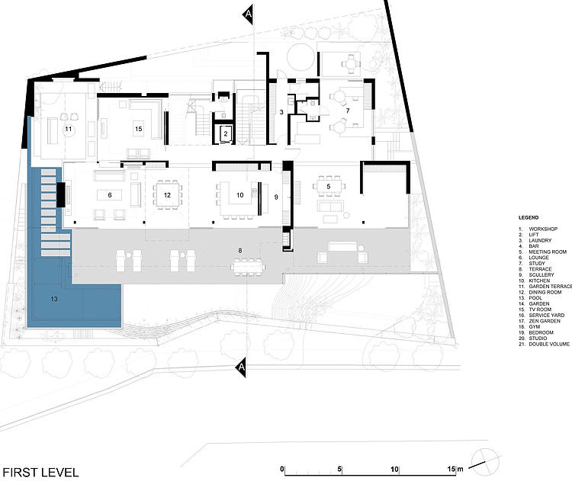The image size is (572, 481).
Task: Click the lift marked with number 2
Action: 226,134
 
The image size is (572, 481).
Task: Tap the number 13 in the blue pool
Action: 54,299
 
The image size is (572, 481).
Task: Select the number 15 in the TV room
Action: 138,129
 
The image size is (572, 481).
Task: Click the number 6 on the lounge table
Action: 110,195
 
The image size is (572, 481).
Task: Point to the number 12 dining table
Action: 168,195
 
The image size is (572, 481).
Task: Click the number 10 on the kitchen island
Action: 239,195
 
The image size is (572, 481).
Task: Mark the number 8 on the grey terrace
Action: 240,251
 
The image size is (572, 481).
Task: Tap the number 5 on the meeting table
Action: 328,187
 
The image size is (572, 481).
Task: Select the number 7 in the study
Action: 348,111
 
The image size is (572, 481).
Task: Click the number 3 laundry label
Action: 281,112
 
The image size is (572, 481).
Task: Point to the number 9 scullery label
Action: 276,197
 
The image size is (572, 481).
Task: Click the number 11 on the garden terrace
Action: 68,129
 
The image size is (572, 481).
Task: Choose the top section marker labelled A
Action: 248,14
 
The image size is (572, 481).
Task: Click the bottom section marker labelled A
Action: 241,367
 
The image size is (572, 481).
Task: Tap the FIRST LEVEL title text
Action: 40,473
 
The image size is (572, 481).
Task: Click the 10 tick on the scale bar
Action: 395,470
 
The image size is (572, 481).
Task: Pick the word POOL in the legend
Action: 535,298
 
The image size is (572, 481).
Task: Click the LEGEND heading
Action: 529,218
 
